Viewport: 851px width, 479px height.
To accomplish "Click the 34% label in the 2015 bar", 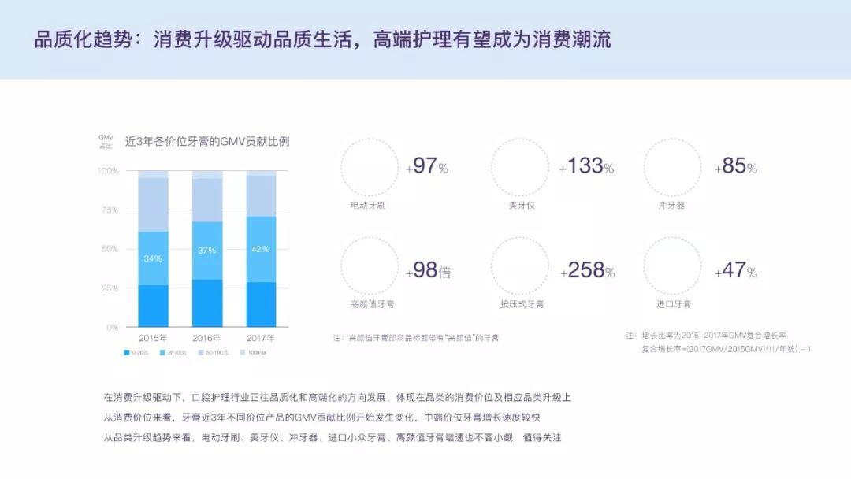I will pyautogui.click(x=153, y=258).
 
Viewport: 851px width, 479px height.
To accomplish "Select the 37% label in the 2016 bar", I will pyautogui.click(x=207, y=251).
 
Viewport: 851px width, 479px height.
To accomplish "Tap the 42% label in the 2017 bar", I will pyautogui.click(x=261, y=249).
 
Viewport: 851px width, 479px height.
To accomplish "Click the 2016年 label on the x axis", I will pyautogui.click(x=207, y=338).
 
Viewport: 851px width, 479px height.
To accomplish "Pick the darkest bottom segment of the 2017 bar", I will pyautogui.click(x=261, y=304).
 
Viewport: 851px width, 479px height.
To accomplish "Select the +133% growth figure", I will pyautogui.click(x=586, y=166).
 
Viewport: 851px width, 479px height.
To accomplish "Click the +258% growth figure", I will pyautogui.click(x=587, y=270).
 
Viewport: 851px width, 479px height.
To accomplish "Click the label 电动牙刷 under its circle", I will pyautogui.click(x=368, y=206).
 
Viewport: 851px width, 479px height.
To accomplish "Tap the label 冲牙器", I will pyautogui.click(x=671, y=206).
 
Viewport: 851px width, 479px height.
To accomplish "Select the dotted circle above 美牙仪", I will pyautogui.click(x=520, y=167).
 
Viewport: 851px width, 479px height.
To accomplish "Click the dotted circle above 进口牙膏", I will pyautogui.click(x=672, y=266).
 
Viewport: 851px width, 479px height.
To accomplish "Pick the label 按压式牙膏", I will pyautogui.click(x=522, y=304).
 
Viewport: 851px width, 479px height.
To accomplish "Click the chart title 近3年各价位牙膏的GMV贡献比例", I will pyautogui.click(x=207, y=142).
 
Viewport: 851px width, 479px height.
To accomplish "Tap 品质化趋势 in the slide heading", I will pyautogui.click(x=76, y=39).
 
